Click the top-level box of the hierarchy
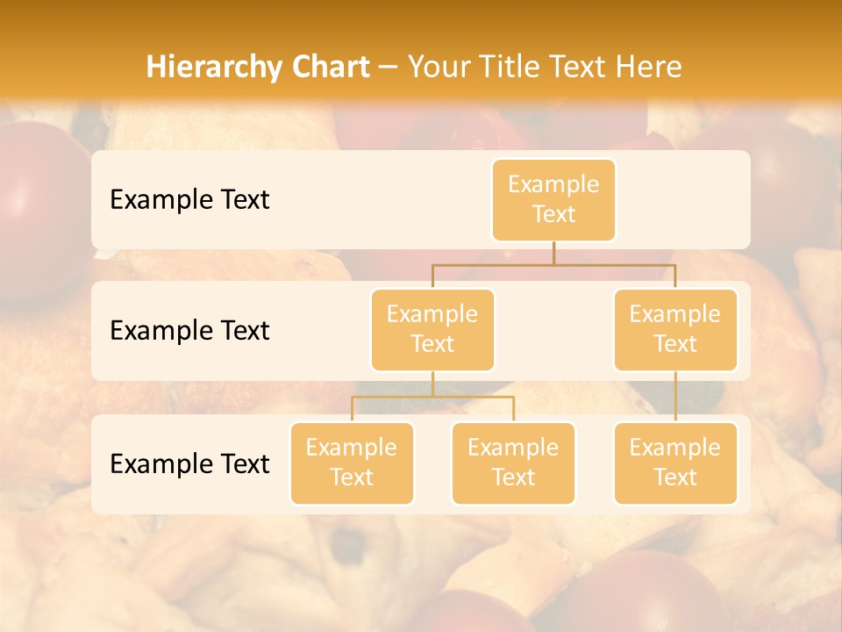coord(553,199)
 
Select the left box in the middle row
coord(432,329)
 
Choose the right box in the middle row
coord(675,329)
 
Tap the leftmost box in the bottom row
coord(352,463)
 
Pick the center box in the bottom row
coord(513,463)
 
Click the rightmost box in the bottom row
coord(675,463)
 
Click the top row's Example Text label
coord(189,199)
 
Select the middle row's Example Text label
coord(189,330)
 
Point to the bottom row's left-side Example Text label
coord(189,463)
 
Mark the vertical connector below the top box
coord(553,253)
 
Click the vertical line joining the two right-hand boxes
coord(675,397)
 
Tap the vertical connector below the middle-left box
coord(432,384)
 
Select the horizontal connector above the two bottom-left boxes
coord(432,397)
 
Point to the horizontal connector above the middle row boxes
coord(553,264)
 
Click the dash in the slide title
coord(389,67)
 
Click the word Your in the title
coord(439,67)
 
